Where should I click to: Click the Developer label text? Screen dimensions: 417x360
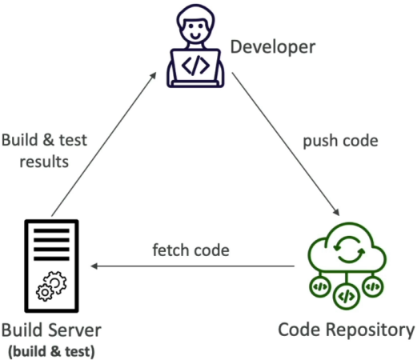tap(273, 47)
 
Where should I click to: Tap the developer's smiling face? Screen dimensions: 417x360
tap(195, 30)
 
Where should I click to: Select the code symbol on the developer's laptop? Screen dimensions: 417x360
tap(195, 66)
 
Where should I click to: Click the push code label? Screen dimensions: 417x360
tap(340, 141)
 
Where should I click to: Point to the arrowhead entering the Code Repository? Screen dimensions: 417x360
tap(336, 211)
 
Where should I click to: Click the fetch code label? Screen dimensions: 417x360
tap(190, 250)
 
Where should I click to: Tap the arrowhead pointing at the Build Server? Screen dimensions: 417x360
tap(94, 266)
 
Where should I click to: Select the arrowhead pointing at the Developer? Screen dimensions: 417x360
tap(153, 75)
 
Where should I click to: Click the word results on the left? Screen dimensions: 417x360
tap(44, 162)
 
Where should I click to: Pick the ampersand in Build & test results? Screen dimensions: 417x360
tap(48, 140)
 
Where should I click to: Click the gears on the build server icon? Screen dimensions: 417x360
tap(51, 286)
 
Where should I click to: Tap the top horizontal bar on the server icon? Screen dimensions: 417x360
tap(51, 230)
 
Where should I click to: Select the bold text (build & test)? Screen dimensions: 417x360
tap(51, 351)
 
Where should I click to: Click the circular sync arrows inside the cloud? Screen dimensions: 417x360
tap(349, 249)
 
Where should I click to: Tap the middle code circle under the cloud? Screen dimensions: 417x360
tap(347, 296)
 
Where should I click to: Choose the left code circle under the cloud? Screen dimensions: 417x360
tap(320, 287)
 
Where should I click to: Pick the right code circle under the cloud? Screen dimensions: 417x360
tap(373, 287)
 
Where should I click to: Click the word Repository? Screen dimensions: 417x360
tap(371, 330)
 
